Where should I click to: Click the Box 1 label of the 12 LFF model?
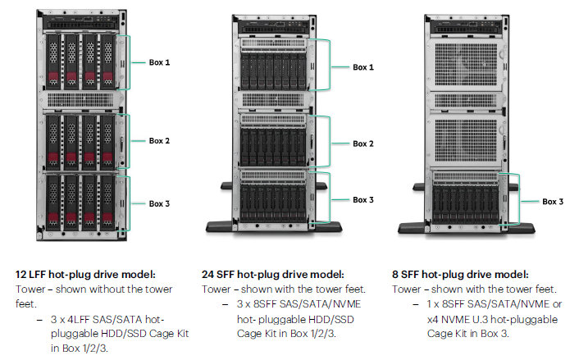click(160, 62)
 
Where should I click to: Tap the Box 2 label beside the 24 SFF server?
click(363, 144)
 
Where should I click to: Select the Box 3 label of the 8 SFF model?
click(553, 202)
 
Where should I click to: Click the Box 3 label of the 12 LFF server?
click(160, 203)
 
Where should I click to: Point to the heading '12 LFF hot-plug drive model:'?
click(85, 275)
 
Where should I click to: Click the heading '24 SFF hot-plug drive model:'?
click(273, 275)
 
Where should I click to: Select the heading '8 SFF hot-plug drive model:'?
click(460, 275)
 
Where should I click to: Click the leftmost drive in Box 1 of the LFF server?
click(53, 62)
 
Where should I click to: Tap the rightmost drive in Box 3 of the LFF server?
click(107, 203)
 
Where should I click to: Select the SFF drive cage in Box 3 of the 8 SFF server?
click(466, 198)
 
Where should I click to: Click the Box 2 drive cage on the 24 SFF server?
click(273, 140)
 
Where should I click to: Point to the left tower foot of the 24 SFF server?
click(220, 226)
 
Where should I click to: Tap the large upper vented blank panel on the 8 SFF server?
click(466, 65)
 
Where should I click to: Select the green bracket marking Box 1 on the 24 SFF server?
click(320, 65)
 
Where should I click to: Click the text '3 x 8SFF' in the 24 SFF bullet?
click(257, 304)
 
